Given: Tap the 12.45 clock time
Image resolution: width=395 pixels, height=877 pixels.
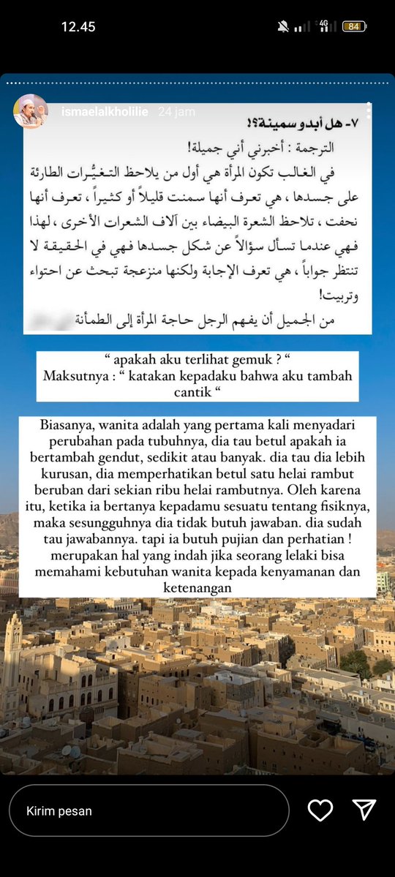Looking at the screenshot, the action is coord(78,26).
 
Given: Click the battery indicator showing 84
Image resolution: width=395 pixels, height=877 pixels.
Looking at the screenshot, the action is coord(354,26).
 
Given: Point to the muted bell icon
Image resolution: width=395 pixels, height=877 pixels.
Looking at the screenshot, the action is coord(283,26).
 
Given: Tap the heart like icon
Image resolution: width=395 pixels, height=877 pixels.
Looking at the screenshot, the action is coord(320,810).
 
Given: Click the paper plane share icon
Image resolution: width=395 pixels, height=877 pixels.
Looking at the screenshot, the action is coord(364,810).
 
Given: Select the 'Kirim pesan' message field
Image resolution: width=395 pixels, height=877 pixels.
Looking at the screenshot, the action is coord(148,810).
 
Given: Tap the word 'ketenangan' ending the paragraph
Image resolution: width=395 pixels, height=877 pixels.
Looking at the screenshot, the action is coord(197,587).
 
